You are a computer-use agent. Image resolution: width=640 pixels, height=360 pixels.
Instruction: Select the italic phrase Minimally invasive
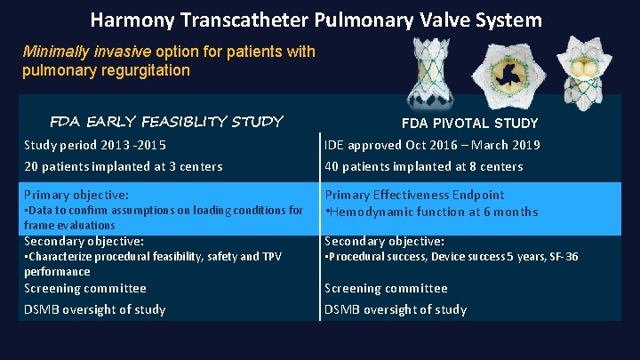79,51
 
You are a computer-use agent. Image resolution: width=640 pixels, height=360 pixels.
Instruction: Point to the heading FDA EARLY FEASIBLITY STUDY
166,120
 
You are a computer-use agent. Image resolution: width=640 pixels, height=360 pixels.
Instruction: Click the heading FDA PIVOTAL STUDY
469,123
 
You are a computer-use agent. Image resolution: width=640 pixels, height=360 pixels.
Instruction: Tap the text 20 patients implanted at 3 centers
123,166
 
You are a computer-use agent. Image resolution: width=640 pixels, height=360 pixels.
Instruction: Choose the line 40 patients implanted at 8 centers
423,166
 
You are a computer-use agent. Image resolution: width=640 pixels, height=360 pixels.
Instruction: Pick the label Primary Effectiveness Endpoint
414,195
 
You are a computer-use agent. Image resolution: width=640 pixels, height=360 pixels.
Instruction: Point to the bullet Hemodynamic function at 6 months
434,212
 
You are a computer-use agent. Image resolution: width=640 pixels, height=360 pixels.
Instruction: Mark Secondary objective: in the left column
83,241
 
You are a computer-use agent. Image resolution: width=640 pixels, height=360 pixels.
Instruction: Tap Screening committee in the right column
386,288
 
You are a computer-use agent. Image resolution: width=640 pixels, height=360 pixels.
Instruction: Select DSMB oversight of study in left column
94,309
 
